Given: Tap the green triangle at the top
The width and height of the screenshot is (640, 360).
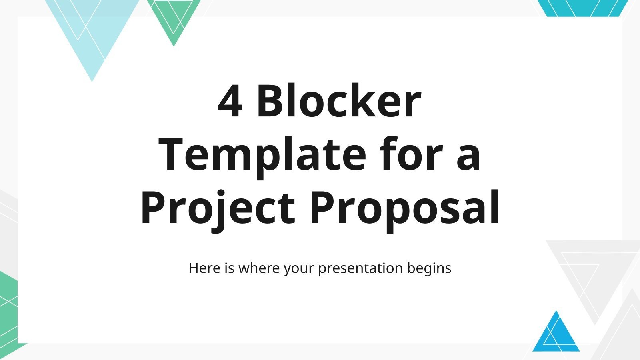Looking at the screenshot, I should tap(174, 18).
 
